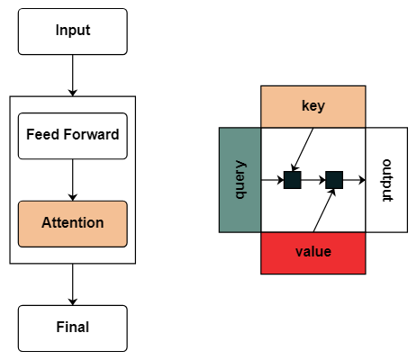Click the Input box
pyautogui.click(x=73, y=31)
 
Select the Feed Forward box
pyautogui.click(x=73, y=136)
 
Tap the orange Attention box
pyautogui.click(x=73, y=224)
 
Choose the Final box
pyautogui.click(x=73, y=328)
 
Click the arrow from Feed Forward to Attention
pyautogui.click(x=73, y=180)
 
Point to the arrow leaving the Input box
pyautogui.click(x=73, y=76)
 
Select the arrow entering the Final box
pyautogui.click(x=73, y=284)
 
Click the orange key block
pyautogui.click(x=313, y=107)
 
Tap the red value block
pyautogui.click(x=313, y=253)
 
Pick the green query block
pyautogui.click(x=240, y=180)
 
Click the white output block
pyautogui.click(x=386, y=180)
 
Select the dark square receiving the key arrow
pyautogui.click(x=293, y=180)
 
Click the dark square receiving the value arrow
pyautogui.click(x=334, y=180)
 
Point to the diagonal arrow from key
pyautogui.click(x=303, y=149)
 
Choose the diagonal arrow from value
pyautogui.click(x=324, y=211)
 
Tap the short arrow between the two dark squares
pyautogui.click(x=313, y=180)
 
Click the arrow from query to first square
pyautogui.click(x=272, y=180)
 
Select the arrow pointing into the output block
pyautogui.click(x=354, y=180)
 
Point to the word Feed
pyautogui.click(x=43, y=134)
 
